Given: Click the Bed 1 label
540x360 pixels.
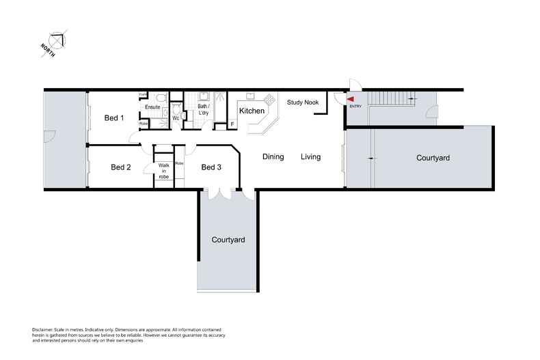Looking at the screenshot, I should (x=114, y=118).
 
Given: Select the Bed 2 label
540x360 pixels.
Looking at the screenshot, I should (x=120, y=167).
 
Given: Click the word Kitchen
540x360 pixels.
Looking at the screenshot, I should (x=252, y=111).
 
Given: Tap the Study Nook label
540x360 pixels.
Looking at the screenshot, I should (x=303, y=102).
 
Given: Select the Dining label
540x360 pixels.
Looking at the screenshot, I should (x=273, y=157).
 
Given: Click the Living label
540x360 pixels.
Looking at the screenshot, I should (x=311, y=157).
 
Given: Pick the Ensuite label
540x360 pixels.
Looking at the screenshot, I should (x=152, y=107).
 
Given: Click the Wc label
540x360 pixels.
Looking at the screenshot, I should (x=176, y=118).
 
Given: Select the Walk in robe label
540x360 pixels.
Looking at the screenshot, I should (x=163, y=171).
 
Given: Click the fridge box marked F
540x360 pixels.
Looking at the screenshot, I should (x=232, y=124).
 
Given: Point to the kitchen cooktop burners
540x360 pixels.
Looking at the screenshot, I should (x=269, y=99).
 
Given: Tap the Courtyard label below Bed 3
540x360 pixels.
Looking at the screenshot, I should (x=228, y=240).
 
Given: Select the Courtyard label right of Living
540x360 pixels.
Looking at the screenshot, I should (x=433, y=158).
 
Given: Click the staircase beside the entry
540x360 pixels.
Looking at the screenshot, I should (x=392, y=99).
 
